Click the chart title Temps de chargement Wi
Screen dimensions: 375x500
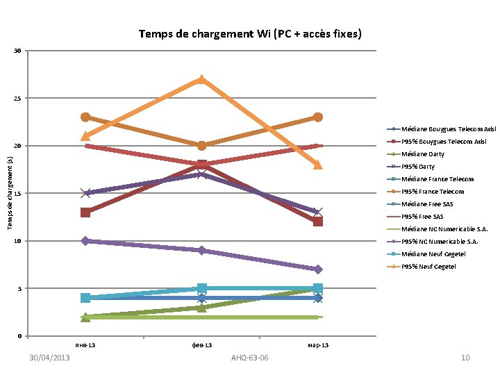pyautogui.click(x=249, y=33)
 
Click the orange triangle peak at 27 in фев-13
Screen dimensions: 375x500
pyautogui.click(x=201, y=79)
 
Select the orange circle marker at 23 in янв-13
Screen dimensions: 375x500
pyautogui.click(x=85, y=117)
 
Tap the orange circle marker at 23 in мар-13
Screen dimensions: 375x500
pyautogui.click(x=317, y=117)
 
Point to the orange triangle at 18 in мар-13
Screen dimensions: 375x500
pyautogui.click(x=317, y=165)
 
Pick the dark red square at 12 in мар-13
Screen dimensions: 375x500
pyautogui.click(x=317, y=222)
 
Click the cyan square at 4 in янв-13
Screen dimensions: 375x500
pyautogui.click(x=85, y=298)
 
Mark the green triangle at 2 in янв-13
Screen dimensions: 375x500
pyautogui.click(x=85, y=317)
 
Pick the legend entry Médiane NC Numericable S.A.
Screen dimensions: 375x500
pyautogui.click(x=444, y=229)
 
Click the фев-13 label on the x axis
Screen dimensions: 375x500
pyautogui.click(x=201, y=345)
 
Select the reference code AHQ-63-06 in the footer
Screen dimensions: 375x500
pyautogui.click(x=249, y=358)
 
